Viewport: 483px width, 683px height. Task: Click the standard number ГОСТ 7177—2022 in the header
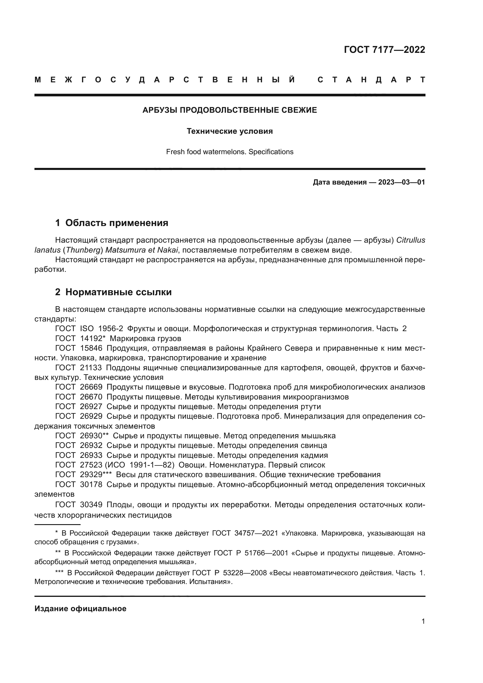384,50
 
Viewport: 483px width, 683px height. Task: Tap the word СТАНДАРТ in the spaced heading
371,80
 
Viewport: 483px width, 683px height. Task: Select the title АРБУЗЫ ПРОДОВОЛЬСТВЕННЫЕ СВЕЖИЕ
230,110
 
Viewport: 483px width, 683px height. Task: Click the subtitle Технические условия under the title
230,131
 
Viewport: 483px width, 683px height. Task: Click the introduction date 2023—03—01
402,182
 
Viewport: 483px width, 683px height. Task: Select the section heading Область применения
117,223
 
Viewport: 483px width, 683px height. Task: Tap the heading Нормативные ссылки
118,292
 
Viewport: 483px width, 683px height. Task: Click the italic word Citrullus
411,240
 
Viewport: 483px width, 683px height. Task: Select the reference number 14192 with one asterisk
93,338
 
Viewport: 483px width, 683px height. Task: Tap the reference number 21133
91,368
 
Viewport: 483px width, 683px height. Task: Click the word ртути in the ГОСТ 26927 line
311,407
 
